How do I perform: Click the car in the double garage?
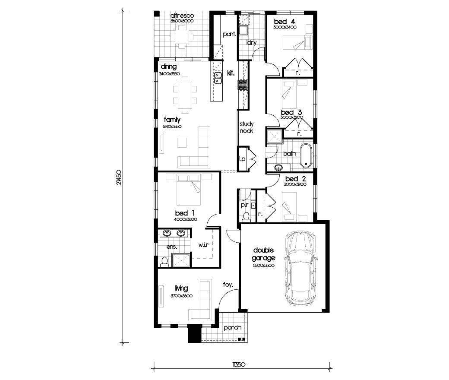pyautogui.click(x=300, y=268)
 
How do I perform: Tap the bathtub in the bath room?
pyautogui.click(x=306, y=156)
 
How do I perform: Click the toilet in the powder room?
pyautogui.click(x=246, y=217)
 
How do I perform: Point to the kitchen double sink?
pyautogui.click(x=218, y=78)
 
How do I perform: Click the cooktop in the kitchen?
pyautogui.click(x=243, y=85)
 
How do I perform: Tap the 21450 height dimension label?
pyautogui.click(x=119, y=177)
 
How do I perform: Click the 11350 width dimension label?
pyautogui.click(x=239, y=364)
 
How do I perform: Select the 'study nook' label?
pyautogui.click(x=247, y=127)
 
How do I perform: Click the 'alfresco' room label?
pyautogui.click(x=182, y=16)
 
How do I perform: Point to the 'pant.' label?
pyautogui.click(x=230, y=34)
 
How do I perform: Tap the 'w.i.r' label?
pyautogui.click(x=203, y=245)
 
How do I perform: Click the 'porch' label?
pyautogui.click(x=233, y=328)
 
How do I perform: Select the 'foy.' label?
pyautogui.click(x=228, y=285)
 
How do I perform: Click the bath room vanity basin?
pyautogui.click(x=278, y=168)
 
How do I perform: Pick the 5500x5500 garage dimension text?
pyautogui.click(x=264, y=266)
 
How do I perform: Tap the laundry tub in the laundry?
pyautogui.click(x=243, y=30)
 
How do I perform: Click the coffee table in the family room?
pyautogui.click(x=182, y=142)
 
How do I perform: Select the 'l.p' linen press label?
pyautogui.click(x=242, y=159)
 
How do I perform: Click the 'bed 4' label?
pyautogui.click(x=285, y=22)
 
